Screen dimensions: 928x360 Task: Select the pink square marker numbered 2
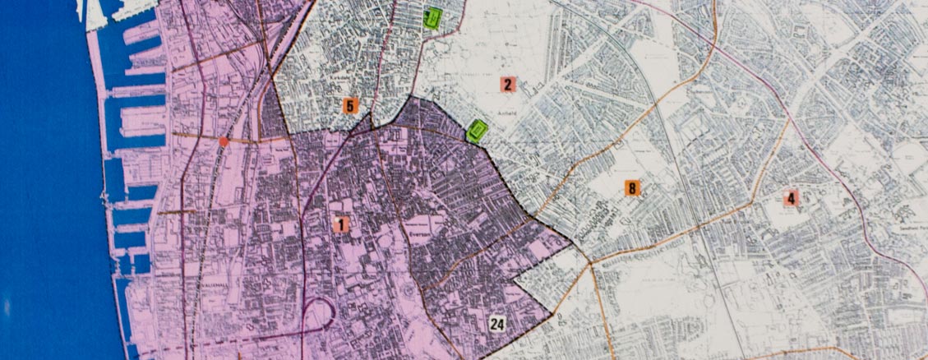click(508, 84)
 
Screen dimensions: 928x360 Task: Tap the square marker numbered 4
click(791, 197)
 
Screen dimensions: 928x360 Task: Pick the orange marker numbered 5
click(349, 105)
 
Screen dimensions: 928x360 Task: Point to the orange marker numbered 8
click(631, 188)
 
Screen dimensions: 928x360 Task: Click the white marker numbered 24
click(496, 324)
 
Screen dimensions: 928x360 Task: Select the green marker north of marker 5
click(432, 17)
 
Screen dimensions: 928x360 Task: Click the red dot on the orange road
click(223, 141)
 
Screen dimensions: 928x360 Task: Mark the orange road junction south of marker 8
click(590, 264)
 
